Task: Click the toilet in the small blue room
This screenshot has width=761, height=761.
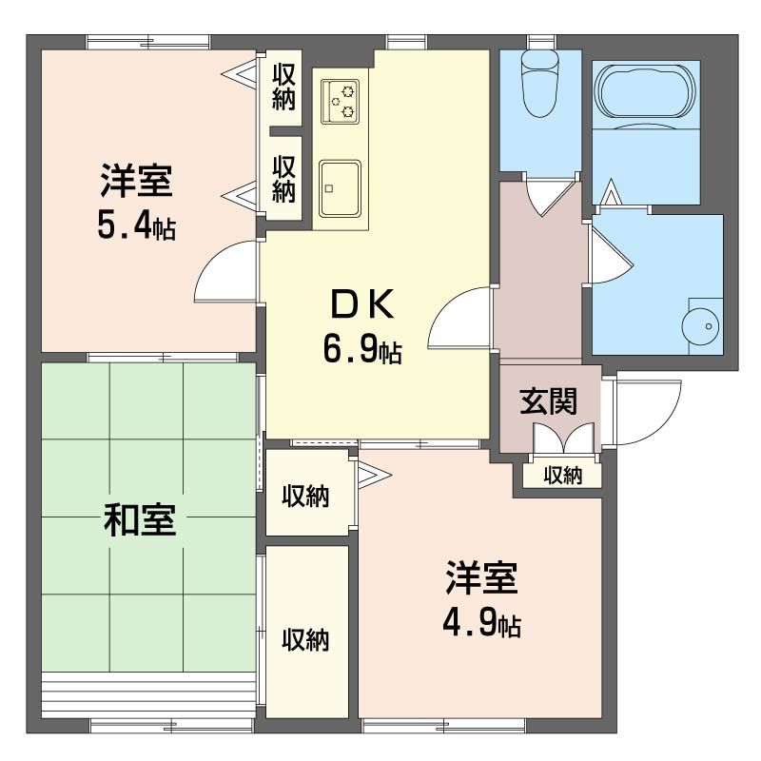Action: coord(540,83)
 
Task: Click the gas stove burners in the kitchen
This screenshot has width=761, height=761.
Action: coord(341,101)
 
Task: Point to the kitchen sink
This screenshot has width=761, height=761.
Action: coord(340,187)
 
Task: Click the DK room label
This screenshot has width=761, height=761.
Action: coord(361,305)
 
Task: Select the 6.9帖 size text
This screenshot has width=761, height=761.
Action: coord(361,351)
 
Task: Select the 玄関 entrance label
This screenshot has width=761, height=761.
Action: coord(548,402)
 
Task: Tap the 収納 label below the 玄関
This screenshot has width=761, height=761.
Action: coord(562,476)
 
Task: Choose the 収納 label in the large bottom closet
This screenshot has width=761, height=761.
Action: coord(305,640)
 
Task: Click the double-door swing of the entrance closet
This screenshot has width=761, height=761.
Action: coord(564,439)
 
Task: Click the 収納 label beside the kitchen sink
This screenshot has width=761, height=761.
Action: coord(283,178)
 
